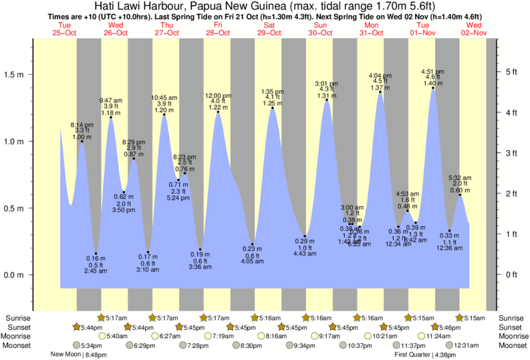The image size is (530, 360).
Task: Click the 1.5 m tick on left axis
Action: (31, 75)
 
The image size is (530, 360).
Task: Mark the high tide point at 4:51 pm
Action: (433, 87)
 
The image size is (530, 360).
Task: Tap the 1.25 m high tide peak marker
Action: (273, 108)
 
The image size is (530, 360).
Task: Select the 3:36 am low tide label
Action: (199, 267)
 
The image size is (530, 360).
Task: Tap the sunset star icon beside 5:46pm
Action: (435, 327)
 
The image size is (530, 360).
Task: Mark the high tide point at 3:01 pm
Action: (327, 100)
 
